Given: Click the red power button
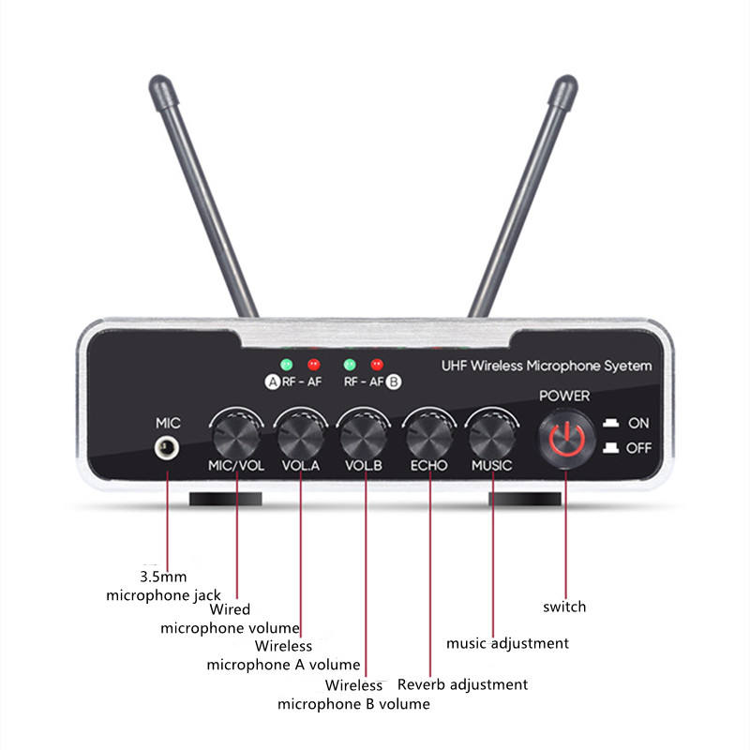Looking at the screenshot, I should click(566, 438).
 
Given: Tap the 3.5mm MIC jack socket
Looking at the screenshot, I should click(169, 448).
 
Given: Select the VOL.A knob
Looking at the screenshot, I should click(300, 435).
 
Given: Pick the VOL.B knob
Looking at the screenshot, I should click(364, 435).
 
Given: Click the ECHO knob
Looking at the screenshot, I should click(428, 435).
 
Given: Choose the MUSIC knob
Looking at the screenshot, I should click(492, 435).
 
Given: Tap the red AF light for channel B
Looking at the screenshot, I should click(377, 365).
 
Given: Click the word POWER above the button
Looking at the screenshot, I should click(564, 396).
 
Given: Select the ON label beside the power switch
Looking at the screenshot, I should click(638, 423).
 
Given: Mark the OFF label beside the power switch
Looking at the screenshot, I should click(638, 448).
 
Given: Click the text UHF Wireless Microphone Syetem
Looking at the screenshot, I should click(546, 366).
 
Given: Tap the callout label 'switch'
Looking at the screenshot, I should click(564, 607).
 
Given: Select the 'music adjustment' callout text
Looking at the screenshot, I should click(507, 643).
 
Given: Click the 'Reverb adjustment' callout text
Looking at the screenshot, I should click(462, 684).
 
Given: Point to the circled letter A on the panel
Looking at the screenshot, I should click(273, 382).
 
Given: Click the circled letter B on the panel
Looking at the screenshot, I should click(394, 382).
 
